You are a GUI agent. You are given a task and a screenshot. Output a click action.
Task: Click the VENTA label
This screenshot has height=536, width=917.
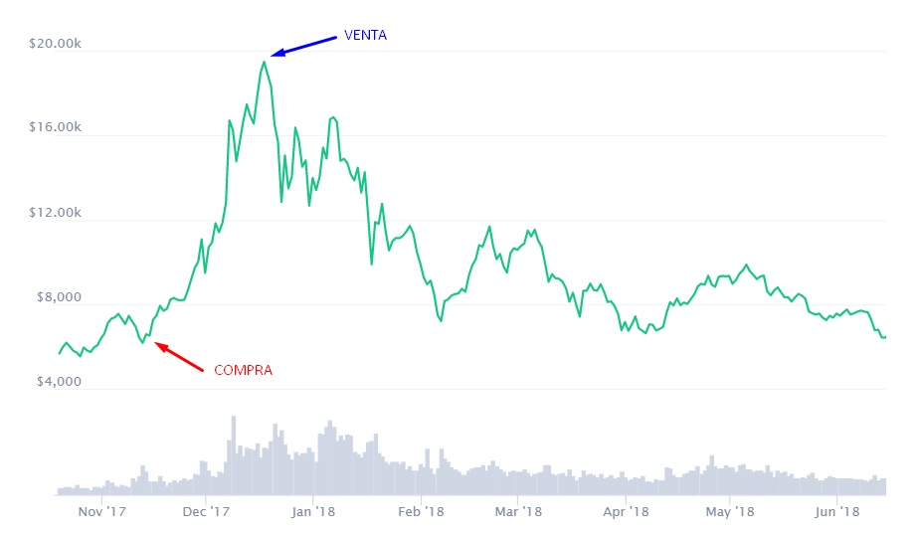pos(365,35)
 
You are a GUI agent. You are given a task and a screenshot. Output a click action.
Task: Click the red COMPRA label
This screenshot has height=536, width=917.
pos(243,370)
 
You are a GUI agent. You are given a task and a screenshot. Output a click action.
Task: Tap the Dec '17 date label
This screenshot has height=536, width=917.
pos(208,512)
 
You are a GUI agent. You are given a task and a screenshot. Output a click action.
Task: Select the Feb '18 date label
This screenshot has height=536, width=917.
pos(420,512)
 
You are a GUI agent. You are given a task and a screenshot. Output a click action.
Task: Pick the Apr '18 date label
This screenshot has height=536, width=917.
pos(626,512)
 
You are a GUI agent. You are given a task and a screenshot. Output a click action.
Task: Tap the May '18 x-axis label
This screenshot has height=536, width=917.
pos(730,512)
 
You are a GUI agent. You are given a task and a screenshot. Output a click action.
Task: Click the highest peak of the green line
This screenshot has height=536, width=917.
pos(265,62)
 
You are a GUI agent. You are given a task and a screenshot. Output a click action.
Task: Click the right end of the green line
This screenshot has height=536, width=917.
pos(884,337)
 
